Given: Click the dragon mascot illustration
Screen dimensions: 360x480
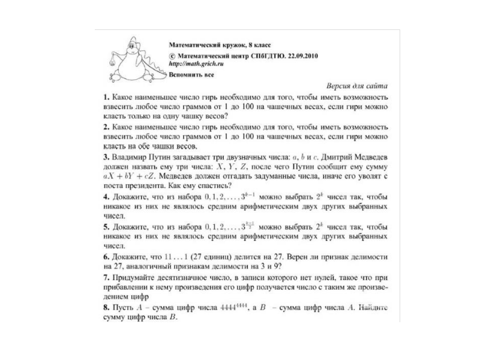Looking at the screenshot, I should (133, 61).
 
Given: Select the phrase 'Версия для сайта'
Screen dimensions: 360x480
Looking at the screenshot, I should (358, 85).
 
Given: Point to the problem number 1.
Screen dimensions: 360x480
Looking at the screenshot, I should (106, 96).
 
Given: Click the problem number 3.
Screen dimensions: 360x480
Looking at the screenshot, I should (106, 156).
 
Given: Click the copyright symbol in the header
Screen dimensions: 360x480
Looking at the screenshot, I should (172, 54).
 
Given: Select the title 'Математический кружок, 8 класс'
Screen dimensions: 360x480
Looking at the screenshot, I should (220, 44).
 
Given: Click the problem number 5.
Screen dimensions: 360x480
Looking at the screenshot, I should (106, 227).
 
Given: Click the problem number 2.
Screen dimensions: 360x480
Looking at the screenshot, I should (106, 126).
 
